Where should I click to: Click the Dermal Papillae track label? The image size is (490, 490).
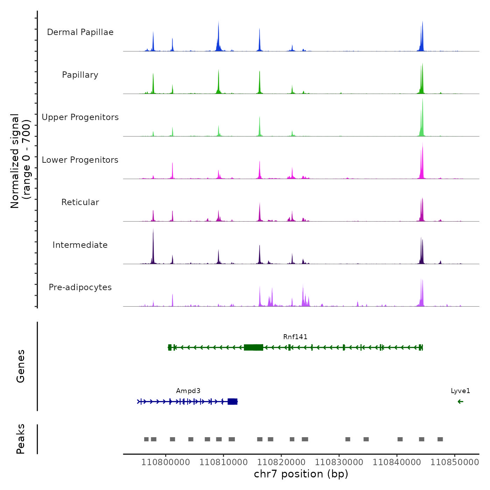[80, 32]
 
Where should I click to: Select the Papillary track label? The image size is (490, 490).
[80, 75]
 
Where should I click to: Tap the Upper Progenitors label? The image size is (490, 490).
[80, 117]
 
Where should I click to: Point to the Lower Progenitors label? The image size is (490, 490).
[80, 160]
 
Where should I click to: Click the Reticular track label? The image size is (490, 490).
[80, 202]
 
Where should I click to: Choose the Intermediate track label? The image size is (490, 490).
[80, 245]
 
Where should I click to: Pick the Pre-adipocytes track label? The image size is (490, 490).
[80, 287]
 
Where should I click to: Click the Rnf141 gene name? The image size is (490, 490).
[295, 337]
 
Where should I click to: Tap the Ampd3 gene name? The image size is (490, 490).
[188, 391]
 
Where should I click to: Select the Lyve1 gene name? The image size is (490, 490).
[461, 391]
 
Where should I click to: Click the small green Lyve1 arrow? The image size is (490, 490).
[461, 401]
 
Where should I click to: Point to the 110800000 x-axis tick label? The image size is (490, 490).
[166, 462]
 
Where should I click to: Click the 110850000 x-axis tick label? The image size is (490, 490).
[455, 462]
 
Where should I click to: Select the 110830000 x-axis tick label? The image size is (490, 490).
[339, 462]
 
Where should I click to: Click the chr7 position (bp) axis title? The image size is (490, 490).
[301, 474]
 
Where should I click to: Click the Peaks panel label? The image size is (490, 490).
[21, 439]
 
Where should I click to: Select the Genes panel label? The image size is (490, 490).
[21, 366]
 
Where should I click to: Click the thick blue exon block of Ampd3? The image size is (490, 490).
[232, 401]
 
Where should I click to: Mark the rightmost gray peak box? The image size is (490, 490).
[440, 439]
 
